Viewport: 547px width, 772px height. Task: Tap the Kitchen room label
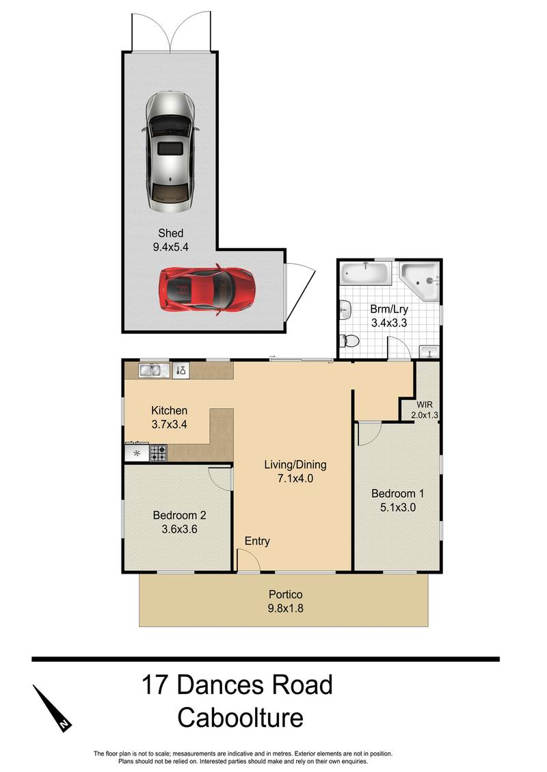click(169, 411)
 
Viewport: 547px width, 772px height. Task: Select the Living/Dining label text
click(295, 465)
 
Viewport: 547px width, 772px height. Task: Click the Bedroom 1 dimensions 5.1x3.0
click(397, 507)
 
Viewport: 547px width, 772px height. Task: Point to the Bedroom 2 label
click(179, 516)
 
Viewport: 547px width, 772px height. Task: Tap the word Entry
click(257, 541)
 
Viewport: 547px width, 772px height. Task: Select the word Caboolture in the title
click(239, 718)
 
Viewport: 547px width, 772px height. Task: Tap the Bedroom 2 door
click(220, 477)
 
